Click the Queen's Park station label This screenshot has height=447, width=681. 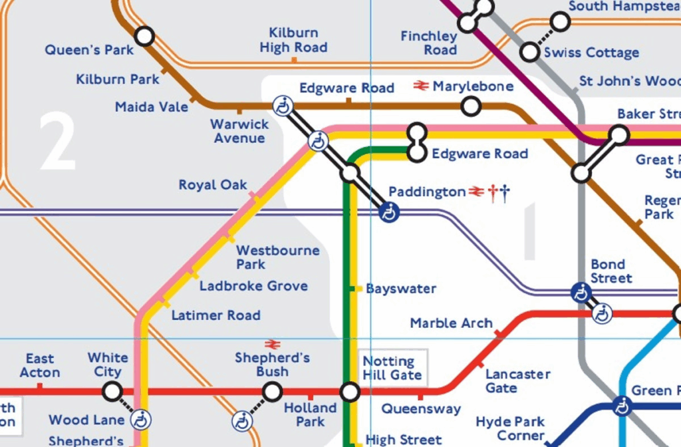89,50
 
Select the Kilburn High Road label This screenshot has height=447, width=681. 293,40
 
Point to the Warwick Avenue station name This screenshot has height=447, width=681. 239,131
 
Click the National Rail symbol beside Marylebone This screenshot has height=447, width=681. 420,86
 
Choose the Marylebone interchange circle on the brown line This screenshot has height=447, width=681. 471,106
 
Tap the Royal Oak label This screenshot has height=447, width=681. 212,185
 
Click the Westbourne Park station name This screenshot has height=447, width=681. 278,257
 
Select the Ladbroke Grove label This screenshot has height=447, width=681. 253,286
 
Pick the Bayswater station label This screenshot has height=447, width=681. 401,289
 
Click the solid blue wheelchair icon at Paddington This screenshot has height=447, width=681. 388,212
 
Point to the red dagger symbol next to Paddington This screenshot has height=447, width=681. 493,194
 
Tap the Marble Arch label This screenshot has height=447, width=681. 451,323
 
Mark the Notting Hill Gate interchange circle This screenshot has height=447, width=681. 350,391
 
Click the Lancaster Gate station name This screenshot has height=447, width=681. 517,381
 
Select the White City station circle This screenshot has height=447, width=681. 113,390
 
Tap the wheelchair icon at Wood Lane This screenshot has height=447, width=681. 141,420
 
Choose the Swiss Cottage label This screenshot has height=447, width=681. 591,53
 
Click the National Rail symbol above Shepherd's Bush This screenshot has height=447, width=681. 272,344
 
